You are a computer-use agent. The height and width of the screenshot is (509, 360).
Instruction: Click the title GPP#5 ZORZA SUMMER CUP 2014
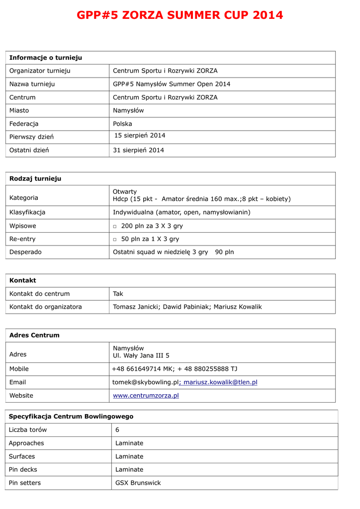coord(180,15)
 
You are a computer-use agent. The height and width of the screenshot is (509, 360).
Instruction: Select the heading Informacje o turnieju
coord(46,58)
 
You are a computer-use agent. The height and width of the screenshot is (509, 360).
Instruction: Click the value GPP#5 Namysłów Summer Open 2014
coord(172,84)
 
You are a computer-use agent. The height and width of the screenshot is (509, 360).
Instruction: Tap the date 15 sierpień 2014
coord(140,135)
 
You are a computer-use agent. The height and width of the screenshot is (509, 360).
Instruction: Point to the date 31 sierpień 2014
coord(138,150)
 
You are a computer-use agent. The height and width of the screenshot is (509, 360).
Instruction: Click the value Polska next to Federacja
coord(122,124)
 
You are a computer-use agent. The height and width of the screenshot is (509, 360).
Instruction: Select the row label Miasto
coord(19,110)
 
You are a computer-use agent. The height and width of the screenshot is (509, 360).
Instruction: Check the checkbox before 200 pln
coord(115,226)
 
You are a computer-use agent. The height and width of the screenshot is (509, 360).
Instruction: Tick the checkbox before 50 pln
coord(115,240)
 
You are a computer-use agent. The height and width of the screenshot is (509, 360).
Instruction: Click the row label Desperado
coord(25,252)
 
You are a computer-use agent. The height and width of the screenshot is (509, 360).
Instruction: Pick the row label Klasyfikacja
coord(27,212)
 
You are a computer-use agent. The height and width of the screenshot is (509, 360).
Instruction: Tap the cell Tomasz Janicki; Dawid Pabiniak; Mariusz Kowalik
coord(187,307)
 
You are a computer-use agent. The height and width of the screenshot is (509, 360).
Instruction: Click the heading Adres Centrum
coord(34,335)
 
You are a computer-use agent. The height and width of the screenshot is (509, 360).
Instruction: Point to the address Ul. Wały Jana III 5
coord(141,355)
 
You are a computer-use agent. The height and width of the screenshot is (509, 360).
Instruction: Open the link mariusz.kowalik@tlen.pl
coord(220,382)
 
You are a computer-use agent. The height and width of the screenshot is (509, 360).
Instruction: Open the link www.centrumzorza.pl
coord(146,396)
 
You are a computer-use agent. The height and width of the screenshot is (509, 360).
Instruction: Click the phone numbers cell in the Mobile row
coord(175,369)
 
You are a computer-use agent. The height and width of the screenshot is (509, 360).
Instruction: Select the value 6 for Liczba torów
coord(117,429)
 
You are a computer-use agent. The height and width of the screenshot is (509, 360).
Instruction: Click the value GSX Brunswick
coord(138,483)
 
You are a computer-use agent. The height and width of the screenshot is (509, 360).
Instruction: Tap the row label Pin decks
coord(23,469)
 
